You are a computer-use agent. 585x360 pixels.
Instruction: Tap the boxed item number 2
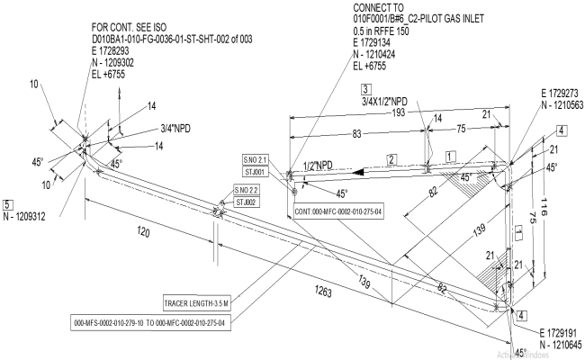(392, 158)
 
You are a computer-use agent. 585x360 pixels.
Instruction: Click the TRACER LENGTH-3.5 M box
(198, 301)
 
